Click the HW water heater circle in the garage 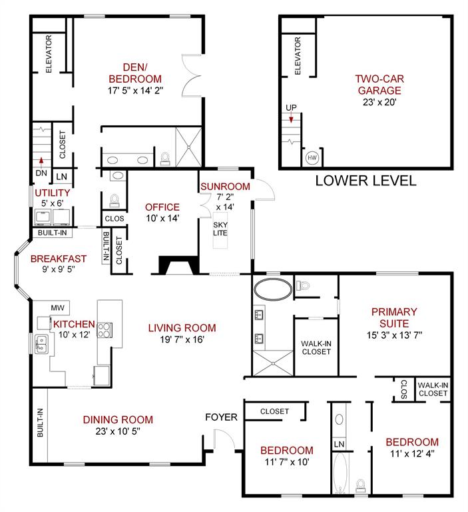[x=311, y=158]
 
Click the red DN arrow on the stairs [x=41, y=160]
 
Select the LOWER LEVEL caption [x=365, y=180]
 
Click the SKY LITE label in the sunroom [x=220, y=229]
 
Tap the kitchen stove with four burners [x=105, y=329]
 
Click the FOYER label [x=221, y=417]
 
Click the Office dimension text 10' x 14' [x=162, y=219]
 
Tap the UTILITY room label [x=53, y=193]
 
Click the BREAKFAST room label [x=59, y=259]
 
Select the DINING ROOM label [x=118, y=419]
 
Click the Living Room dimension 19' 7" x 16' [x=182, y=339]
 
